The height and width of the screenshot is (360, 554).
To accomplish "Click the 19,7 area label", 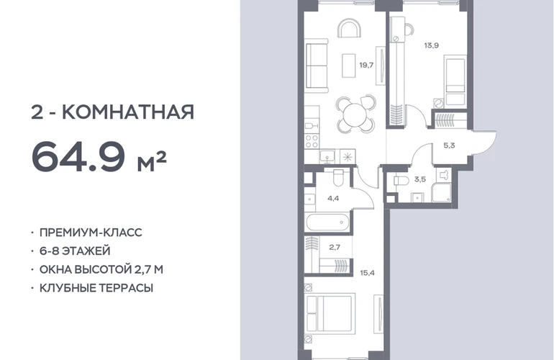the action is tap(366, 65).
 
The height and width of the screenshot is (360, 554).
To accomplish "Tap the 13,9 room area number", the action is tap(432, 45).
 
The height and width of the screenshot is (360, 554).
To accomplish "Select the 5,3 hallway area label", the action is tap(449, 145).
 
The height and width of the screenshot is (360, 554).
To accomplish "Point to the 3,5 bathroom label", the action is tap(420, 179).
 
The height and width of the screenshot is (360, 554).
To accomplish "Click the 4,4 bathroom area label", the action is tap(333, 199).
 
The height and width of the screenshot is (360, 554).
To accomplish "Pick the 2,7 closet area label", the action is tap(335, 247).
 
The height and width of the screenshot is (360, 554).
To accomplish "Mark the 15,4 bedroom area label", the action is tap(367, 273).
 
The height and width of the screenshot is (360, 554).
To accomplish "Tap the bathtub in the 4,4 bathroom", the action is tap(327, 222).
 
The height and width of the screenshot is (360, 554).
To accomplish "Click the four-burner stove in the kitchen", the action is tap(312, 141).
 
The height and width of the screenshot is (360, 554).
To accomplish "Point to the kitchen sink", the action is tap(328, 156).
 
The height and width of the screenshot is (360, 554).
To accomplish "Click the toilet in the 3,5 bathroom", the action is tap(401, 180).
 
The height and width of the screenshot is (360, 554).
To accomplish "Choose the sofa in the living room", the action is tap(317, 66).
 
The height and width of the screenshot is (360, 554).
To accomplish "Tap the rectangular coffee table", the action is tap(349, 66).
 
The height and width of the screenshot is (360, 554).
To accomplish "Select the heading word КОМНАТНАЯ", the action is tap(128, 112).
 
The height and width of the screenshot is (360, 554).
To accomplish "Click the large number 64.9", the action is tap(78, 156).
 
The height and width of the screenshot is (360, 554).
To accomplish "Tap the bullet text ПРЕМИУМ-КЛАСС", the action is tap(91, 233).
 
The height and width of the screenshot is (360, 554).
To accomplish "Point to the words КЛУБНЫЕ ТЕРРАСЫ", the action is tap(96, 288).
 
